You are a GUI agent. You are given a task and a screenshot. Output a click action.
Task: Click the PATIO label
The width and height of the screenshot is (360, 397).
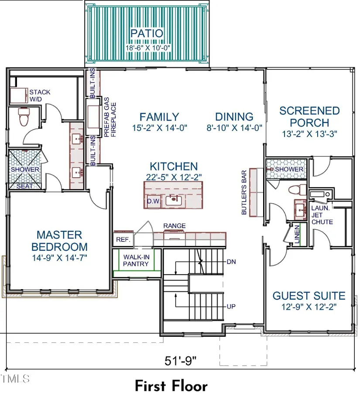point(147,33)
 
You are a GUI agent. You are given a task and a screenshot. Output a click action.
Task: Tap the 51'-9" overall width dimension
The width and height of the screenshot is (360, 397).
point(180,361)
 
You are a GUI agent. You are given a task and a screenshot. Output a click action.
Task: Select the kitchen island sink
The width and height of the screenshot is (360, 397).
point(174,200)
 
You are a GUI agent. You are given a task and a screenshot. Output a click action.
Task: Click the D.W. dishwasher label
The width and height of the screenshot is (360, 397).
point(154,201)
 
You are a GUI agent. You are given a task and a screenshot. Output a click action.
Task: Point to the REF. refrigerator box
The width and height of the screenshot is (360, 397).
point(123,239)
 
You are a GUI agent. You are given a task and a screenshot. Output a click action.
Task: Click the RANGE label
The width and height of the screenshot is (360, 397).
point(174,226)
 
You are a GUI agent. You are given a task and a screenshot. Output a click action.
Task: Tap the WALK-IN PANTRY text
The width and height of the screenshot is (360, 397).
point(136,260)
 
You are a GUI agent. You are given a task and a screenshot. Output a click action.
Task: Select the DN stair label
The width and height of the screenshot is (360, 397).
point(231,262)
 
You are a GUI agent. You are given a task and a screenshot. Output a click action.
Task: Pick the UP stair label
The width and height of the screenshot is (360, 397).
point(231,307)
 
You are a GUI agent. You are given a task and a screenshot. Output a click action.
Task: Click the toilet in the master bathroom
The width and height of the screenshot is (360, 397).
point(24,117)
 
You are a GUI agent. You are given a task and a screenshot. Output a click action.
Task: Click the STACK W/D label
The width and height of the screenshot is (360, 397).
point(40,96)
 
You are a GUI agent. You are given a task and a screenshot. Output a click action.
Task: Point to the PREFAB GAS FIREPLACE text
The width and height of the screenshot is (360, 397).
point(110,117)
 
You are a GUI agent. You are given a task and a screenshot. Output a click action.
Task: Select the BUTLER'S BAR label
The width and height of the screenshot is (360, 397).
point(244,193)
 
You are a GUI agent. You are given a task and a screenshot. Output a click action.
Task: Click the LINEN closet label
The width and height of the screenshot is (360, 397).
point(297,235)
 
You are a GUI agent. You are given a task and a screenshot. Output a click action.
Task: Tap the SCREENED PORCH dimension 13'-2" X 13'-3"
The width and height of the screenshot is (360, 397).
point(310,134)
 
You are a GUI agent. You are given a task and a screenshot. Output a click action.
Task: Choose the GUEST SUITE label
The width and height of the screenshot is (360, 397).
point(309,296)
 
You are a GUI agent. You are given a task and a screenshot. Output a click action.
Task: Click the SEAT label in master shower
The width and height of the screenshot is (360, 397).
point(25,186)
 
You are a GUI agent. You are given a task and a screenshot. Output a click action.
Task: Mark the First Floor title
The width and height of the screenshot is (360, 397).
point(171,386)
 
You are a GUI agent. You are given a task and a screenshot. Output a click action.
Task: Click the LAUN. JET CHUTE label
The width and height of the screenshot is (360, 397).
point(322,215)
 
